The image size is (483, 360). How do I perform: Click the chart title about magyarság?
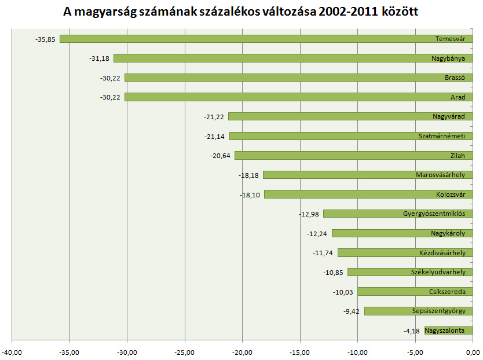click(241, 12)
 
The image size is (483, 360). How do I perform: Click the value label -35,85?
click(46, 39)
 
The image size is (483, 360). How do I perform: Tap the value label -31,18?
click(100, 58)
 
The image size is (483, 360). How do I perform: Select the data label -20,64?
click(221, 156)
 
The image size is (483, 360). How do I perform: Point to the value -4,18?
click(411, 331)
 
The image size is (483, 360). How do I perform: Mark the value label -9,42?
click(351, 311)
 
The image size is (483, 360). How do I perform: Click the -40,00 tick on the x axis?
click(12, 351)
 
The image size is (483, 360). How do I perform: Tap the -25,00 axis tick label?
click(185, 351)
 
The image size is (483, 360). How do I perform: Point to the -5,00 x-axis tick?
click(415, 351)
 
